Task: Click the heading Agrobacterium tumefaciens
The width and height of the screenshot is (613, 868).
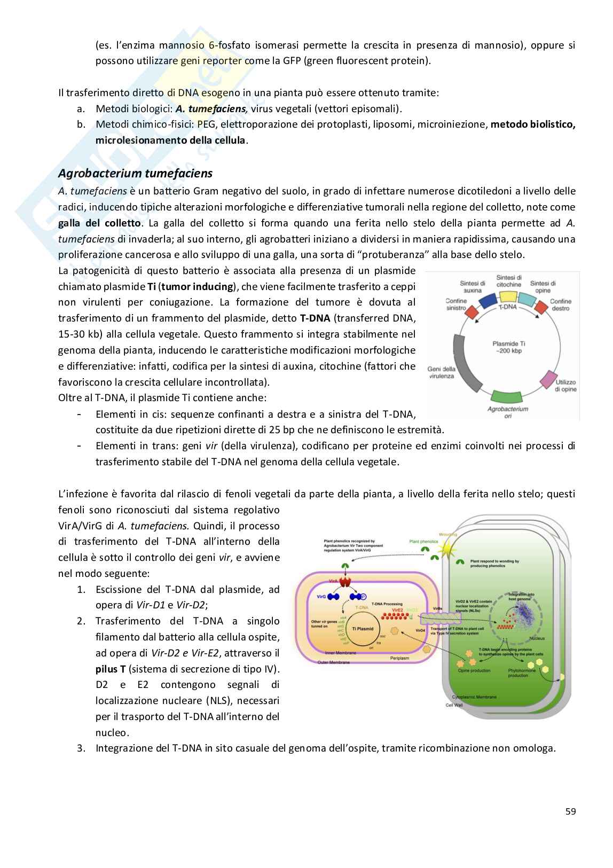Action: pos(135,174)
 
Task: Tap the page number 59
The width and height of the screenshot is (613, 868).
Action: pos(570,811)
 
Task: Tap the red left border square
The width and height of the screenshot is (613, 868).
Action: pos(471,311)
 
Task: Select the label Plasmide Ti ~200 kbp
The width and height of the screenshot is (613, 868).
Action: pos(507,347)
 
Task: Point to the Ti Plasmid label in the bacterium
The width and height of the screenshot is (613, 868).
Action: pos(363,629)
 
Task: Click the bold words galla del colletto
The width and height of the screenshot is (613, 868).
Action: pos(100,223)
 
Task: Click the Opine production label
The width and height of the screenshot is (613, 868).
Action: pos(474,670)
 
